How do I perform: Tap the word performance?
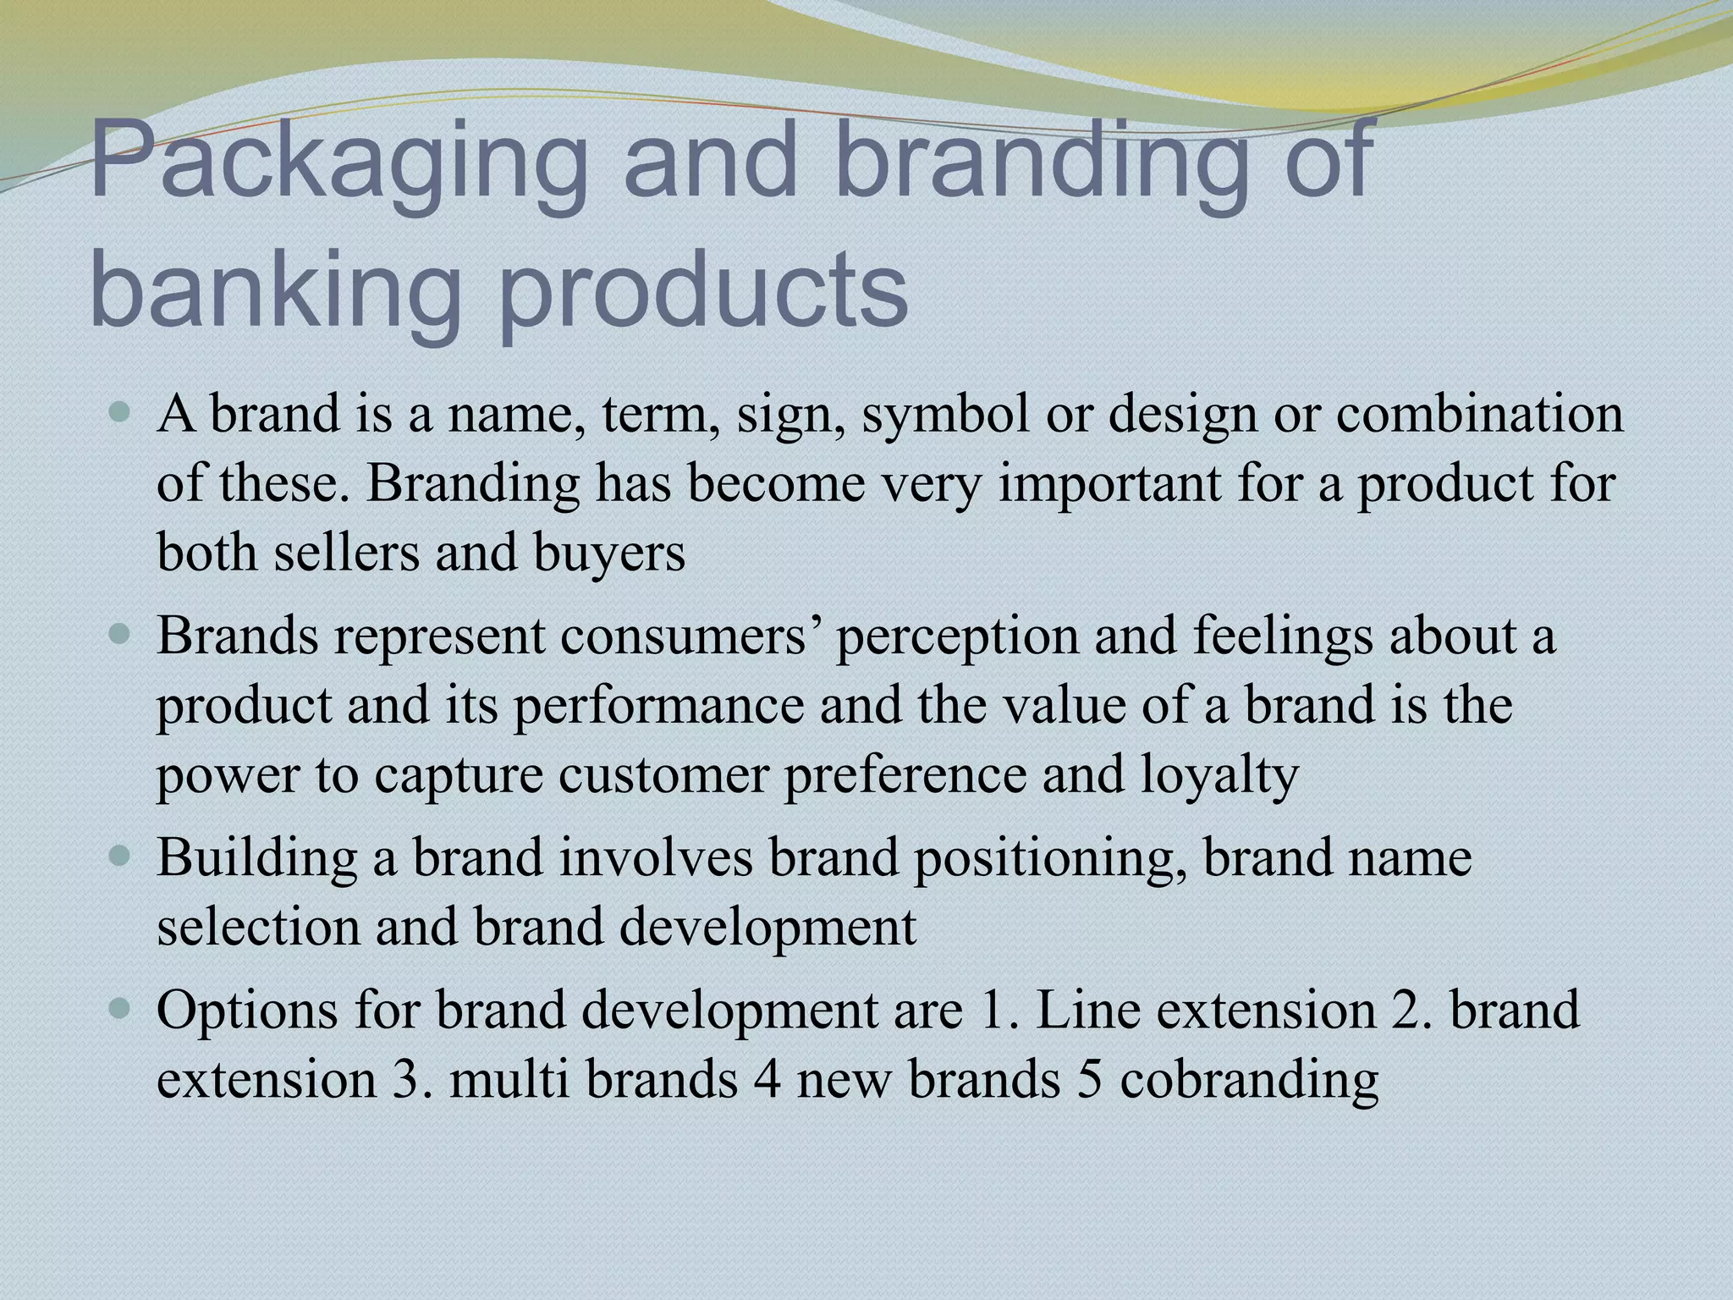pyautogui.click(x=659, y=705)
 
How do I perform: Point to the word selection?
pyautogui.click(x=259, y=927)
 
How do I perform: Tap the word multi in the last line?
pyautogui.click(x=509, y=1080)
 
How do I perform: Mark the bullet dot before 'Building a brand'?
pyautogui.click(x=121, y=857)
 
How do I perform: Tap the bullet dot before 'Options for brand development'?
pyautogui.click(x=121, y=1010)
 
